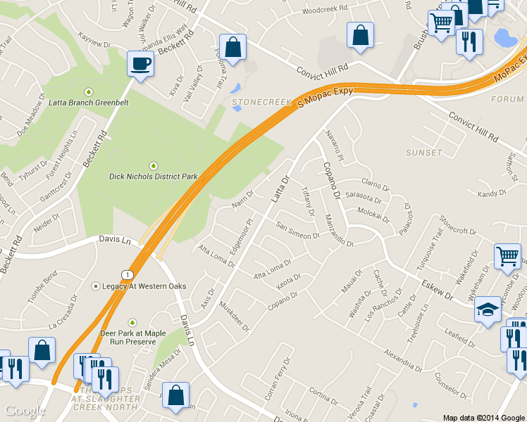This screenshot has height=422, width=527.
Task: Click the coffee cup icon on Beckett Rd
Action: pos(139,64)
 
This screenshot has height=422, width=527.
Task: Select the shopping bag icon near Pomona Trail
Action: pos(233,47)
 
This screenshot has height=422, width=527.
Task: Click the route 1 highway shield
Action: pos(126,273)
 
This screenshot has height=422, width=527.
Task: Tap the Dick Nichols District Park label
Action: pos(152,176)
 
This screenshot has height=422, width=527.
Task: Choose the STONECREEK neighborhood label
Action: pos(261,102)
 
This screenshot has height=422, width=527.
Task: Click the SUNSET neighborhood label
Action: pos(424,152)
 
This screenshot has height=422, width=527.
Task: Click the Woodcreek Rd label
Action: pos(325,10)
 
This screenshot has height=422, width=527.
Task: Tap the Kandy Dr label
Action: pos(492,193)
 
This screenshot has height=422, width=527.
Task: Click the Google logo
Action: pos(25,411)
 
